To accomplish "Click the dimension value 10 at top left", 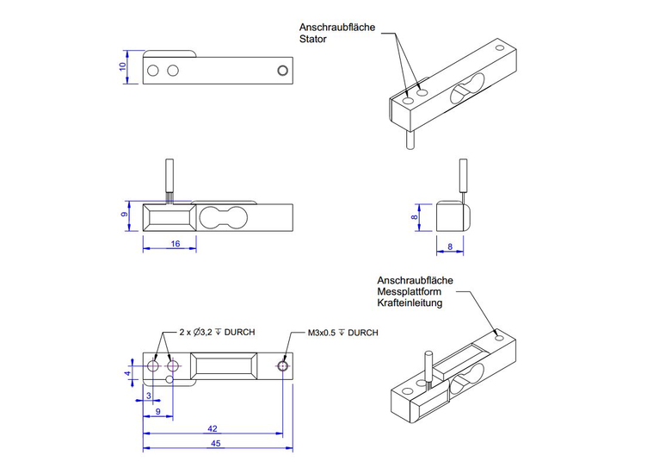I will coord(122,65).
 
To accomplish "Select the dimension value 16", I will coord(175,244).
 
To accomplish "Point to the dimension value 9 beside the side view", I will coord(124,215).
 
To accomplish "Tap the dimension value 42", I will coord(211,428).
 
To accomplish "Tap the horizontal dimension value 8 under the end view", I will coord(451,247).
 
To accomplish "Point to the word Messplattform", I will coord(410,292).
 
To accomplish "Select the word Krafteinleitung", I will coord(410,304).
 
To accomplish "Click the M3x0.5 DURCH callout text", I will coord(342,332).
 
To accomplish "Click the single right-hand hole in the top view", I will coord(282,69).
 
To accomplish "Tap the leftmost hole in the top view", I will coord(153,69).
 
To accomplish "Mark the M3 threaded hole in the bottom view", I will coord(283,366).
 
